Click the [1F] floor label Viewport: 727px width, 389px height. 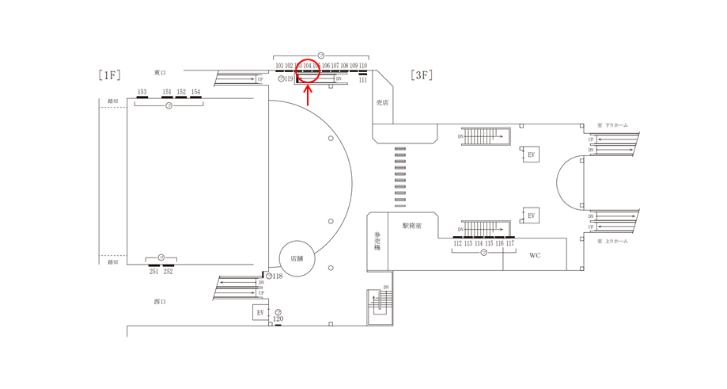110,75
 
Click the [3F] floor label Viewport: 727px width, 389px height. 422,75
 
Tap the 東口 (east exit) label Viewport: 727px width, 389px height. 160,72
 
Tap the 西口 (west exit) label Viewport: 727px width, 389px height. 160,302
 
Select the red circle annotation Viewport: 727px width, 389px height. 308,72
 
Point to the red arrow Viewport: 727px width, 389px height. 308,95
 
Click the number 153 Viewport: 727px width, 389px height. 142,92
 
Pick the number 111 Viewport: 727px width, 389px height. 363,80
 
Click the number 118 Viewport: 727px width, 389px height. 278,276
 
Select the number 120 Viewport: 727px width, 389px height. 278,319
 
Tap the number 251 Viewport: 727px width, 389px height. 153,272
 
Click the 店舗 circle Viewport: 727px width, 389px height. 297,258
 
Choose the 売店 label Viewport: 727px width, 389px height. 382,103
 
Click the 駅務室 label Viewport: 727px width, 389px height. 411,226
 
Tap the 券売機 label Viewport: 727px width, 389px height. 377,241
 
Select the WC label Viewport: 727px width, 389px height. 535,256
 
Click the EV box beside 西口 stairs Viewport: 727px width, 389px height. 260,313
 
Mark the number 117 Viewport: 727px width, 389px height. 509,244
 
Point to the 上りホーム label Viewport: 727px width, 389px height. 615,241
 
